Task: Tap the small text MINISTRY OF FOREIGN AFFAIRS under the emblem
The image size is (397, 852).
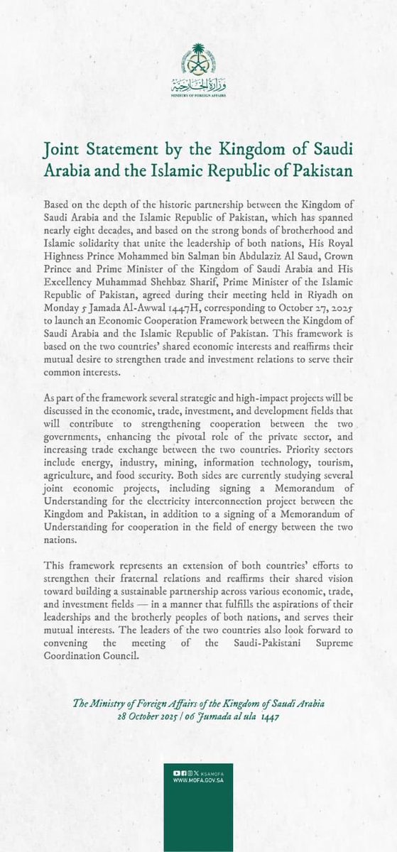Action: tap(198, 93)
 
